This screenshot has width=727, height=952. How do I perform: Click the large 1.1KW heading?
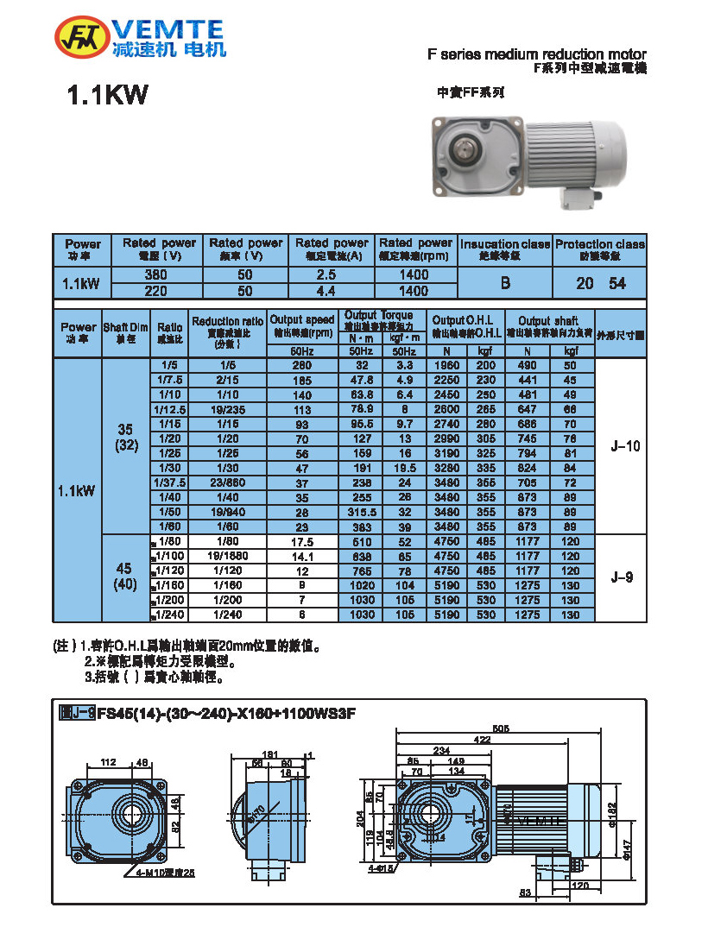[108, 96]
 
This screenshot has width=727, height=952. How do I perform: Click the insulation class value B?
[505, 283]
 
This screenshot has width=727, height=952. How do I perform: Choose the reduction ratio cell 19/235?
[228, 409]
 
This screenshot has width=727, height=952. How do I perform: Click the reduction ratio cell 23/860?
[228, 482]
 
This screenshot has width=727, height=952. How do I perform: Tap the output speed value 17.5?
[301, 542]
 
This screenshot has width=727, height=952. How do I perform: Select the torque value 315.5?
[362, 512]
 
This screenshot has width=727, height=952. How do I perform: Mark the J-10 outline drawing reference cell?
[621, 446]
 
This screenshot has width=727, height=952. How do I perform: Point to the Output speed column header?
[301, 325]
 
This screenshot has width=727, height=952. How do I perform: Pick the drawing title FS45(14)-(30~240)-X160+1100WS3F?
[225, 714]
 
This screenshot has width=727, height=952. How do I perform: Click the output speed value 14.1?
[301, 557]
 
